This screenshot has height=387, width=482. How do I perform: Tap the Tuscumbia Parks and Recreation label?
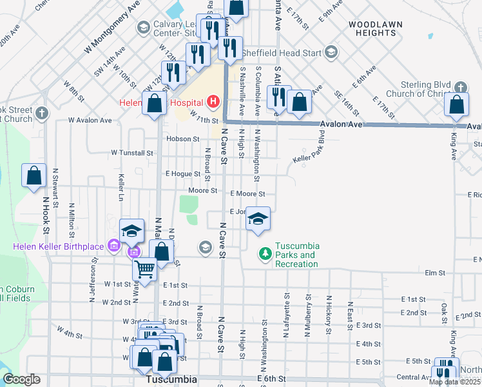click(x=296, y=255)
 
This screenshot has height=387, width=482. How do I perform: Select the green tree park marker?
click(x=264, y=254)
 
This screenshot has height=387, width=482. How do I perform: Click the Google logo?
click(x=21, y=379)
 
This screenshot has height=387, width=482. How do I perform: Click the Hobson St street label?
click(x=182, y=139)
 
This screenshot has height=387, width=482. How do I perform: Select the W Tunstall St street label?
click(x=132, y=154)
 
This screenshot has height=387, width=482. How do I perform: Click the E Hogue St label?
click(x=183, y=174)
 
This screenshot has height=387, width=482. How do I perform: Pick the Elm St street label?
click(x=436, y=273)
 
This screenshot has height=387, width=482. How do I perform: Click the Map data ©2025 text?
click(x=454, y=382)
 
